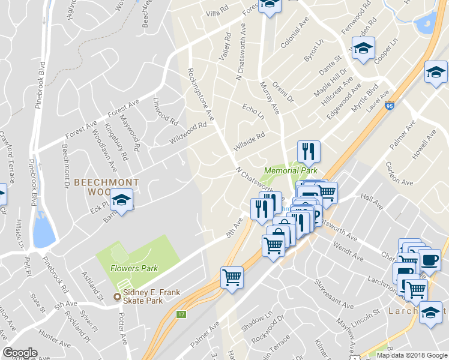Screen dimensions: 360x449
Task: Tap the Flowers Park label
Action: [x=133, y=268]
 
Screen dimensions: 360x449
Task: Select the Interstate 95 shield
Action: [x=390, y=105]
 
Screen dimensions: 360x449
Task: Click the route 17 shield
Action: [x=181, y=313]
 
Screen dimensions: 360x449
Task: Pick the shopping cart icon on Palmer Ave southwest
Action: [x=232, y=277]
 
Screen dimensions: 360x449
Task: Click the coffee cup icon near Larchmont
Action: [x=429, y=260]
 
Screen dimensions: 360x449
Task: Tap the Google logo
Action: [x=20, y=353]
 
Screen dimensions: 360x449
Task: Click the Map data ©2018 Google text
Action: [x=411, y=355]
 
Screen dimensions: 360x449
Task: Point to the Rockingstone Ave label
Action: [x=201, y=94]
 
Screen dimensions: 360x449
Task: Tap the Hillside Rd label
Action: [x=249, y=141]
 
